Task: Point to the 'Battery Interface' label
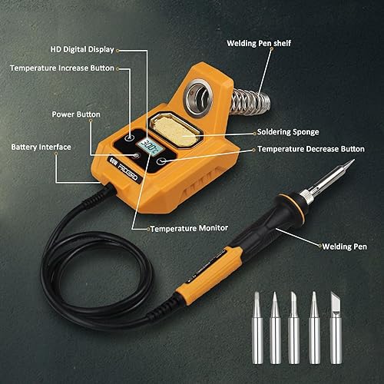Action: (x=41, y=147)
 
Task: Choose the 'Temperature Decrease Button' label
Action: (x=311, y=149)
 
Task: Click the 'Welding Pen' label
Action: (x=343, y=247)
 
